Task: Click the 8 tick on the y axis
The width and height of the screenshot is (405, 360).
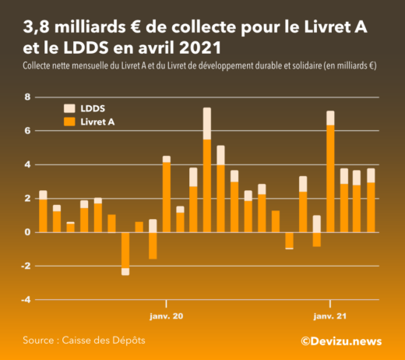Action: click(x=27, y=97)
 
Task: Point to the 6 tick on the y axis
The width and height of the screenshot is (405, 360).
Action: click(x=27, y=131)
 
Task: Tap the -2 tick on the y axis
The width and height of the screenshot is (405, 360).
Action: click(x=25, y=266)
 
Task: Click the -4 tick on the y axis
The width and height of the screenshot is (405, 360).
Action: click(x=25, y=300)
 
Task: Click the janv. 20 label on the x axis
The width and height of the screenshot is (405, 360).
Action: click(x=166, y=316)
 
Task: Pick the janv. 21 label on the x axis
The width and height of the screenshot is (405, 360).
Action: click(x=330, y=316)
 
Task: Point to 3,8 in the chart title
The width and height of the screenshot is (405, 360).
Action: click(x=38, y=28)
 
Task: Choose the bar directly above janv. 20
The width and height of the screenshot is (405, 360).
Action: click(x=166, y=196)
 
